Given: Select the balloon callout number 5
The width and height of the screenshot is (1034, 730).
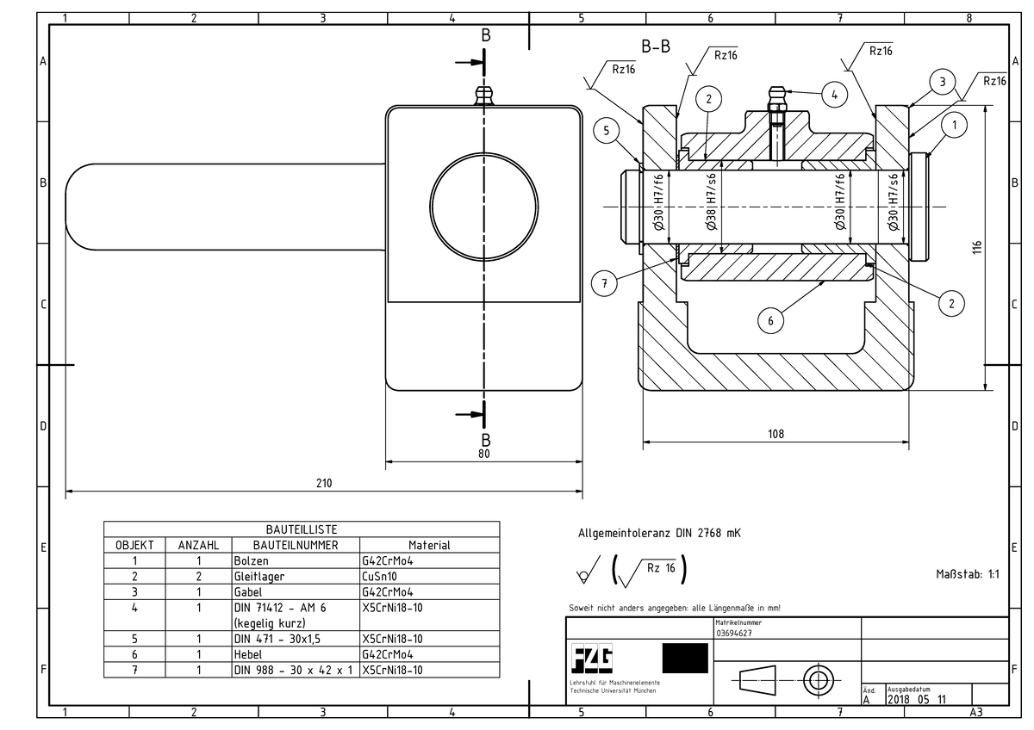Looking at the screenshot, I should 607,131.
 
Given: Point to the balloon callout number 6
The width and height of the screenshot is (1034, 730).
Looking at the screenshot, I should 771,320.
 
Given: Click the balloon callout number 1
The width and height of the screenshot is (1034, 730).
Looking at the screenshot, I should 954,126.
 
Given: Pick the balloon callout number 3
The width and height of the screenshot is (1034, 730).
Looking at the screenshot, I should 944,83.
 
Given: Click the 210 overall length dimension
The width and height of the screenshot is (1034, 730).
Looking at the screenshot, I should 323,484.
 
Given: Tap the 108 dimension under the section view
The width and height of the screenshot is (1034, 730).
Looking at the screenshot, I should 775,435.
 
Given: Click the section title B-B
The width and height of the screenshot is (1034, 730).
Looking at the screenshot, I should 656,46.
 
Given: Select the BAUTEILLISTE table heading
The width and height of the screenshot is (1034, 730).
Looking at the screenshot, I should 302,529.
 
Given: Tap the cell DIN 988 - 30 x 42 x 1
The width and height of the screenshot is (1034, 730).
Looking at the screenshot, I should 294,669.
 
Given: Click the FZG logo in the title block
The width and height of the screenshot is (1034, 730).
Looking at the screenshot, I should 593,659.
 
